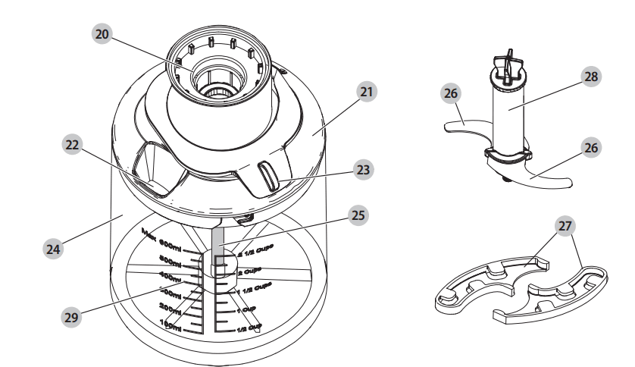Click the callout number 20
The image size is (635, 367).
(102, 34)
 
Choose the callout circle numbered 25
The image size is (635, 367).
(357, 216)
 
